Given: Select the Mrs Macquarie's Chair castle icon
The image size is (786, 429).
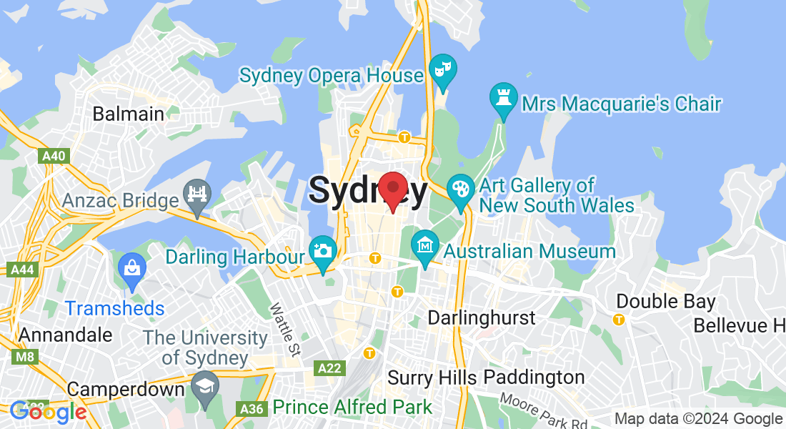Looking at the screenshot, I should (x=503, y=99).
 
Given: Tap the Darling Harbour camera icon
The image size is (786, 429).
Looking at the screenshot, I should (x=323, y=252).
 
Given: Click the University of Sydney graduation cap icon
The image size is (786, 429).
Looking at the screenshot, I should (x=205, y=386).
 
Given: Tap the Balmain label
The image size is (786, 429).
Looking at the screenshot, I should (x=129, y=114).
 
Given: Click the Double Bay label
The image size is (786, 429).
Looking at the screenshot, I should (x=666, y=301).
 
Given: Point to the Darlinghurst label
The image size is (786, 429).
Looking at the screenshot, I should (x=482, y=317).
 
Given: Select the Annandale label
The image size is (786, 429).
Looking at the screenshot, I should (x=66, y=335).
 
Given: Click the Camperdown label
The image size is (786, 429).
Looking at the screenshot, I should (x=126, y=390).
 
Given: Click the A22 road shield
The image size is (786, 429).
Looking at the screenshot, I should (x=329, y=368).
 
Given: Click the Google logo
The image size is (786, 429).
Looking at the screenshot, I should (x=49, y=412).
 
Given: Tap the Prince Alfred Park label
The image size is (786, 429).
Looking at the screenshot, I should (x=352, y=408).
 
